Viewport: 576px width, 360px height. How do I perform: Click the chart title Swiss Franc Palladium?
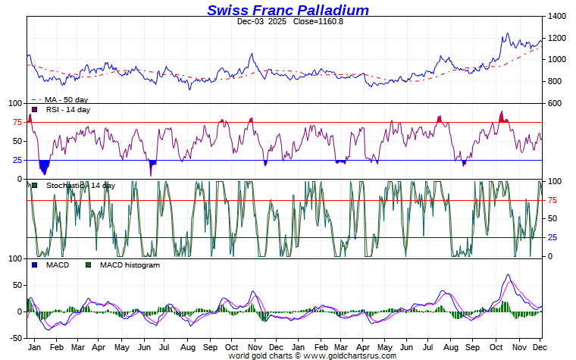coord(288,10)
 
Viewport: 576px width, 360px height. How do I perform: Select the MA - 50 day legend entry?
coord(65,99)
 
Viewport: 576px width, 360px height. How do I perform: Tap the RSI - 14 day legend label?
coord(68,110)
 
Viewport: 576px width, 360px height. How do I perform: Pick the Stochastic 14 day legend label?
coord(80,186)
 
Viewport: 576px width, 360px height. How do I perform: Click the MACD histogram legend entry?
coord(130,265)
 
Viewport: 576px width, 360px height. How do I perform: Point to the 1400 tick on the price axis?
coord(556,16)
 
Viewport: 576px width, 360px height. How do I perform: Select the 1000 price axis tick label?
coord(556,60)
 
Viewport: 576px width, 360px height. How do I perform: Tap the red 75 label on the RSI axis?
coord(17,122)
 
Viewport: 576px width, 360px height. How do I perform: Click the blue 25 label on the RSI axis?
coord(17,160)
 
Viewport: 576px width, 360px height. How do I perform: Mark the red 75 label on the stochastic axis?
coord(553,200)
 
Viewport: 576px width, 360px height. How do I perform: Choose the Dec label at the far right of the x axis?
coord(538,346)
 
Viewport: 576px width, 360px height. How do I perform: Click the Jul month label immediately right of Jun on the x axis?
coord(164,346)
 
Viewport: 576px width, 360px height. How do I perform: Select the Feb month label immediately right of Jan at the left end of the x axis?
coord(55,346)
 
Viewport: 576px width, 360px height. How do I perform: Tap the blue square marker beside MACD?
coord(34,265)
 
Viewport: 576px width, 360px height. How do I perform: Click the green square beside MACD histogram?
coord(88,265)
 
